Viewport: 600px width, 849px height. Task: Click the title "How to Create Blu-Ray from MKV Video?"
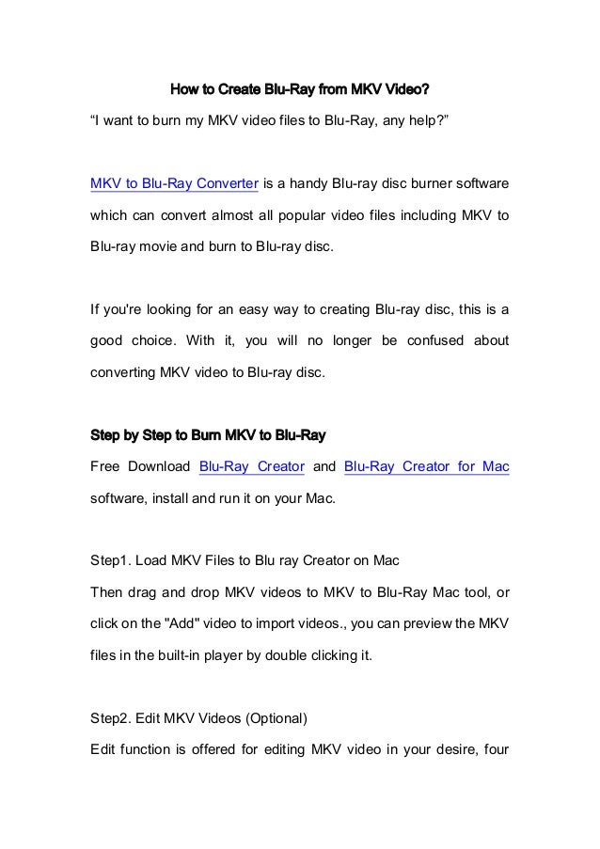pos(299,91)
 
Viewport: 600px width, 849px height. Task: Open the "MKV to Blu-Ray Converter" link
pos(173,182)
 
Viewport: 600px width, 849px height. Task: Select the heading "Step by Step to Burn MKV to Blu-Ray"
pos(207,435)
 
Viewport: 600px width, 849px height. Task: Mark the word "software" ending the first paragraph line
pos(480,182)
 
